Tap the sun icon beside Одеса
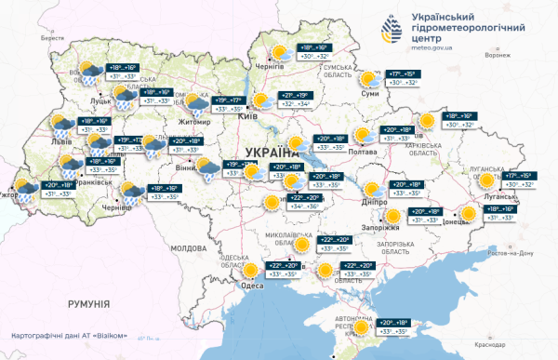[x=251, y=272]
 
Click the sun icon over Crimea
[x=360, y=325]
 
